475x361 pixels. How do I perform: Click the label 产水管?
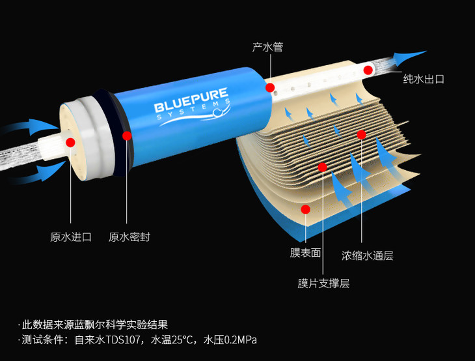[267, 48]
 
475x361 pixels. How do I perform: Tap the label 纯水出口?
[424, 79]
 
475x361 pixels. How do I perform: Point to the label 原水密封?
[129, 237]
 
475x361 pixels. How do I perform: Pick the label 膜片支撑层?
[323, 283]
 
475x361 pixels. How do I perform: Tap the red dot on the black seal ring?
[127, 136]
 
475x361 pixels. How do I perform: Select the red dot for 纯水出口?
[368, 70]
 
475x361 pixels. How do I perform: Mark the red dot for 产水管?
[267, 87]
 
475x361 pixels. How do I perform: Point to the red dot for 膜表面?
[305, 209]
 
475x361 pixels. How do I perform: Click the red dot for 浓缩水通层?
[362, 134]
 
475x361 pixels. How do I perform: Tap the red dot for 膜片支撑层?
[321, 167]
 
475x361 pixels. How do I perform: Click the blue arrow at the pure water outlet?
[409, 57]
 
